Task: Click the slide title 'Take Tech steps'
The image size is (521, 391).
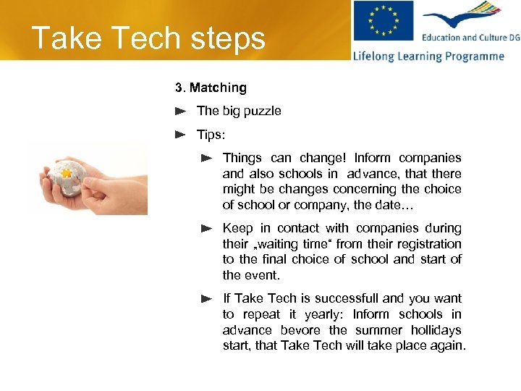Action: [x=148, y=38]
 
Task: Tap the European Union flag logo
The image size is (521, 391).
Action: [x=383, y=22]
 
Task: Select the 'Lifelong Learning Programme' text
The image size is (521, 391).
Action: [x=428, y=56]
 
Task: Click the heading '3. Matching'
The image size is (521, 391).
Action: [x=211, y=88]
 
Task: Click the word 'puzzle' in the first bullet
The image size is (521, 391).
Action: [x=263, y=112]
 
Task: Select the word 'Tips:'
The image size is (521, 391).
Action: [x=211, y=135]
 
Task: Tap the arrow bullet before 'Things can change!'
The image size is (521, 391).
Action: [x=206, y=158]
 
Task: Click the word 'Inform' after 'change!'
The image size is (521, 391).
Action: [x=373, y=158]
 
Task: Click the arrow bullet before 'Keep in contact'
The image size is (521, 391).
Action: [x=206, y=229]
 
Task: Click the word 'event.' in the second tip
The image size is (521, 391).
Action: [x=262, y=275]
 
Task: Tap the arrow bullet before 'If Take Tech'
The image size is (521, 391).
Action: [x=206, y=298]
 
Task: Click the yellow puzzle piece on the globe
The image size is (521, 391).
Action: [x=66, y=174]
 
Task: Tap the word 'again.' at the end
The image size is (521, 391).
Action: [x=449, y=345]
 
